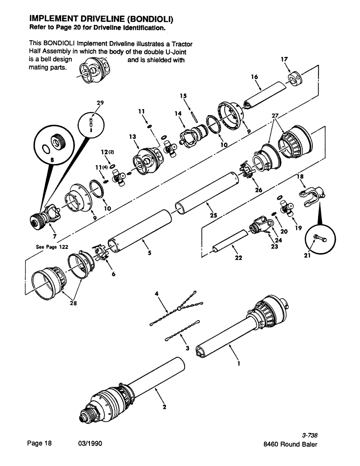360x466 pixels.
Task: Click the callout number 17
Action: [x=284, y=59]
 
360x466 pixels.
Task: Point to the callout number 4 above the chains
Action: [x=157, y=294]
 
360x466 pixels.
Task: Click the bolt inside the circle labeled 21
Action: [x=318, y=239]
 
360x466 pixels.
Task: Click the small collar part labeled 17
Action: [x=295, y=78]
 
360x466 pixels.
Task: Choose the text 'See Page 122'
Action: [x=52, y=247]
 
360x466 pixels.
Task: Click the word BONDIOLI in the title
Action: [x=147, y=19]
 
